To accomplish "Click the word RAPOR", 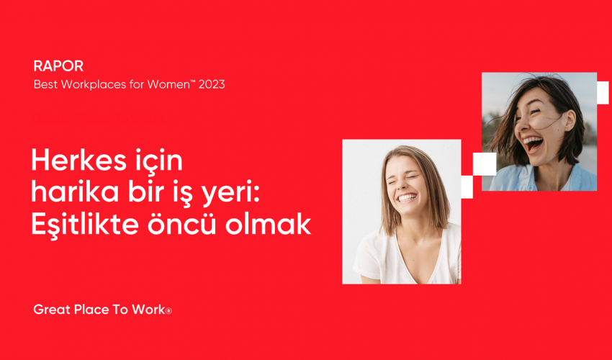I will (58, 66).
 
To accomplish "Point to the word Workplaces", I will (97, 84).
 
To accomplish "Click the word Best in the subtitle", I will (45, 84).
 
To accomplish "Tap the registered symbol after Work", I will (169, 311).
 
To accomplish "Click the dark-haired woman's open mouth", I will (533, 145).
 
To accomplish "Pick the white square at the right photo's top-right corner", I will (603, 93).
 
